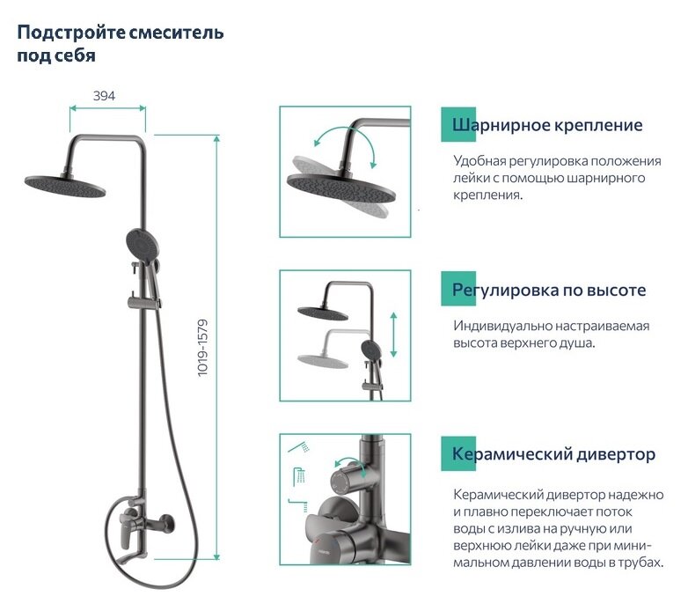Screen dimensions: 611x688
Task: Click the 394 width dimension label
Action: pyautogui.click(x=105, y=96)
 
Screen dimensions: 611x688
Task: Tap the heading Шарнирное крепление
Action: pyautogui.click(x=547, y=125)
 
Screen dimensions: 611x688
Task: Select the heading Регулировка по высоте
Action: pyautogui.click(x=549, y=290)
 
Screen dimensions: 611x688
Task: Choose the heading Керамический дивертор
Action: pyautogui.click(x=553, y=454)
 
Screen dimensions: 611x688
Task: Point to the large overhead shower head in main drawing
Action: pyautogui.click(x=67, y=182)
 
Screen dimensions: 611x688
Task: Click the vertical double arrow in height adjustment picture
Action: pyautogui.click(x=393, y=333)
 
